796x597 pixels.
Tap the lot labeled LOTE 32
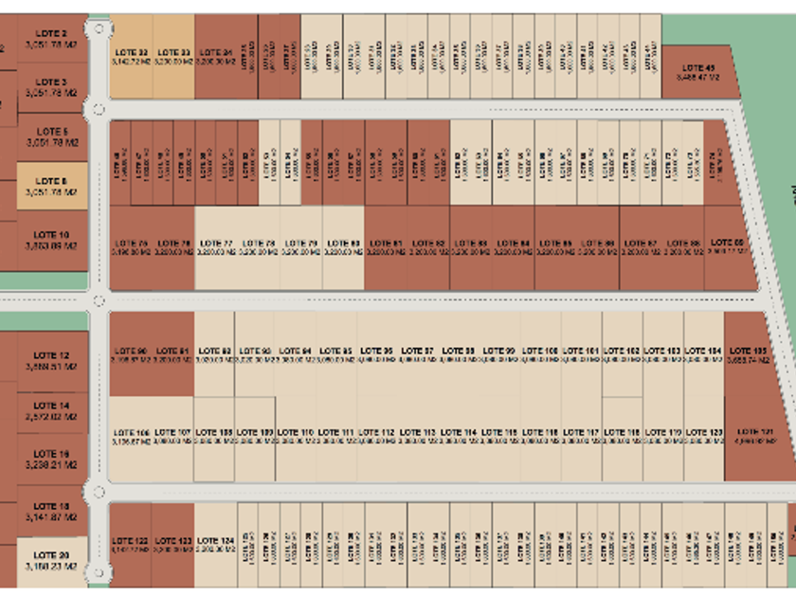[x=131, y=57]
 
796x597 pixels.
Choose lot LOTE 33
[x=173, y=57]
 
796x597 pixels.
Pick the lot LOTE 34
[x=216, y=57]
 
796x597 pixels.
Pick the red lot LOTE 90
[x=131, y=354]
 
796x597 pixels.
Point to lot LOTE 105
[x=746, y=354]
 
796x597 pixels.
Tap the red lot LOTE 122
[x=131, y=544]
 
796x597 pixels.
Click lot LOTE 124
[x=216, y=544]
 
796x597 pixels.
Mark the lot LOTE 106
[x=131, y=437]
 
